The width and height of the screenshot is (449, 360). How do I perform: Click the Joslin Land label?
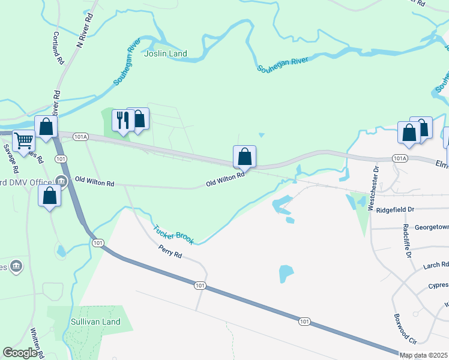166,53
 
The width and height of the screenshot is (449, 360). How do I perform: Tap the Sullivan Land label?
94,322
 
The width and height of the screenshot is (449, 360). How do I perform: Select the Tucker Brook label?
173,235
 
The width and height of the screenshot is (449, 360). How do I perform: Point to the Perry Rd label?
170,251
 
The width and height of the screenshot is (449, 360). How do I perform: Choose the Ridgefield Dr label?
395,209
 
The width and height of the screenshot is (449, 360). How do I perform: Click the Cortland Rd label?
58,48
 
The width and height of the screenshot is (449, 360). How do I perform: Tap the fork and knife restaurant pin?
122,121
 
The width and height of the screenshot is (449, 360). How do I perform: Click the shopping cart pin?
23,141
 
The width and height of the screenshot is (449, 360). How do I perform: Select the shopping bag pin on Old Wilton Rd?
244,157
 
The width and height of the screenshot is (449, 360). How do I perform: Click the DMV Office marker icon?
61,181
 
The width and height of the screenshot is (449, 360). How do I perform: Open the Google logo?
20,352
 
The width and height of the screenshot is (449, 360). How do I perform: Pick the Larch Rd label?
436,264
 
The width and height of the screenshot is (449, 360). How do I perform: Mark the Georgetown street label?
427,227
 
